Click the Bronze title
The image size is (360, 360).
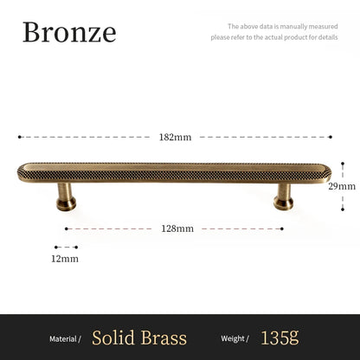click(x=68, y=32)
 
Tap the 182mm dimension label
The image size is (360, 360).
click(x=176, y=137)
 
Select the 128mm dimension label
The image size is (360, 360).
click(x=177, y=228)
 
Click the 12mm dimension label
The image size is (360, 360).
click(x=66, y=258)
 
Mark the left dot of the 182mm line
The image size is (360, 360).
click(x=19, y=137)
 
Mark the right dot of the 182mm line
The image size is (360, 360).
click(x=329, y=137)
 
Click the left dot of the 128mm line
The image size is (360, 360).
click(x=67, y=228)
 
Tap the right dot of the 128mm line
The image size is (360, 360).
click(x=282, y=228)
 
